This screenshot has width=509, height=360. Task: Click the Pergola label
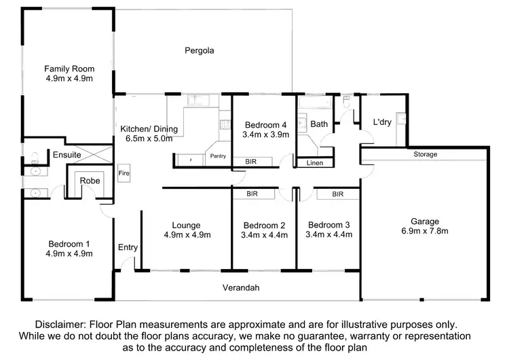[200, 51]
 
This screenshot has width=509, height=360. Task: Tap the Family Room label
[69, 69]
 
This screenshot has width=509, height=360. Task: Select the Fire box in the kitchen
[124, 173]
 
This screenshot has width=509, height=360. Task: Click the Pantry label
[218, 156]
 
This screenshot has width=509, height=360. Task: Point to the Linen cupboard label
[314, 163]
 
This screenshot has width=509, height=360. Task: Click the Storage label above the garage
[426, 154]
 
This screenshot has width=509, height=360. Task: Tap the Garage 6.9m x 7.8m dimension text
[425, 231]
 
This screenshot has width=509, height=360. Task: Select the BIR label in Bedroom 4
[250, 162]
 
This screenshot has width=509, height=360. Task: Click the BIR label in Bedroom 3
[337, 194]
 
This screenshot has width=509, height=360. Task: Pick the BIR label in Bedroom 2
[252, 194]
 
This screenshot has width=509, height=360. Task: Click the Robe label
[90, 181]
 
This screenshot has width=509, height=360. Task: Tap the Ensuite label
[67, 155]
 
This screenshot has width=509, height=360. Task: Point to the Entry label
[128, 247]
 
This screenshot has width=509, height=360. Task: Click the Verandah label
[241, 287]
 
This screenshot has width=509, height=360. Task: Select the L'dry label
[382, 122]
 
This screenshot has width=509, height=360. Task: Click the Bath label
[319, 124]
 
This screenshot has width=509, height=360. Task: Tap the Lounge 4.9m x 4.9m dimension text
[187, 235]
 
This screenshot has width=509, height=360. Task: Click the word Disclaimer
[60, 324]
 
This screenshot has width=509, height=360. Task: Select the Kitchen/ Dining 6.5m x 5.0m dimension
[149, 139]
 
